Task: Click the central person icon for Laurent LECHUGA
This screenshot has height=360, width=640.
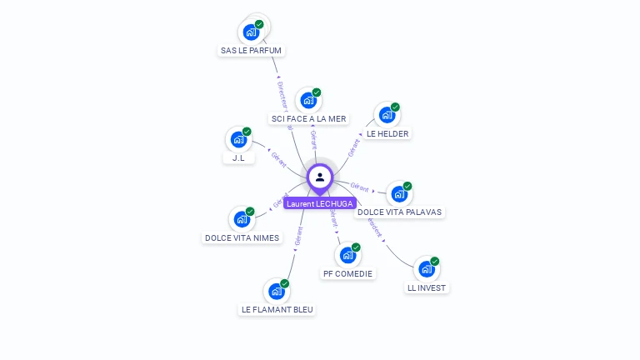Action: pyautogui.click(x=320, y=177)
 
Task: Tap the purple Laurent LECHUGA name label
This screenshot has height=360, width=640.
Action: pyautogui.click(x=320, y=203)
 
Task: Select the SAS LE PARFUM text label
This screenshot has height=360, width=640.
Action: pyautogui.click(x=252, y=51)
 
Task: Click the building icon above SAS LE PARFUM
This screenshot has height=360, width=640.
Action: pyautogui.click(x=250, y=33)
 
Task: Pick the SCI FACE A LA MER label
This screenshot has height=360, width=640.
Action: pyautogui.click(x=308, y=119)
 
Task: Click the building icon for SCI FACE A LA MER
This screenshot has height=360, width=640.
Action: pyautogui.click(x=308, y=101)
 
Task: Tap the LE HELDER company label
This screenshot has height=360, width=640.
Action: pyautogui.click(x=387, y=133)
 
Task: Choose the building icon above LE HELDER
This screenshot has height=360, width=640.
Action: pyautogui.click(x=387, y=115)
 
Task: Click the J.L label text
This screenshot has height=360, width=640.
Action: pyautogui.click(x=238, y=158)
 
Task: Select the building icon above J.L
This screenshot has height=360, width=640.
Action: pyautogui.click(x=238, y=139)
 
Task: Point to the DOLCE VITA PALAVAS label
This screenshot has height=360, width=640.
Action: pyautogui.click(x=399, y=212)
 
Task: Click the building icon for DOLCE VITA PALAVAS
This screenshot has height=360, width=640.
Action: pyautogui.click(x=399, y=194)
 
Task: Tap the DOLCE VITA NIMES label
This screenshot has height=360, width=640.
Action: pyautogui.click(x=242, y=237)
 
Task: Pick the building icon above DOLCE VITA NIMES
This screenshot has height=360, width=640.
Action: pyautogui.click(x=242, y=219)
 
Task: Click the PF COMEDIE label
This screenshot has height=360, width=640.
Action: pyautogui.click(x=348, y=273)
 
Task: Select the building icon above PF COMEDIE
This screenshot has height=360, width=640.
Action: pyautogui.click(x=347, y=255)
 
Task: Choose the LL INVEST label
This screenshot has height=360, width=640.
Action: pyautogui.click(x=427, y=287)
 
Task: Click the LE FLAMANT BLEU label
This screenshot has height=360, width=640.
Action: pyautogui.click(x=277, y=309)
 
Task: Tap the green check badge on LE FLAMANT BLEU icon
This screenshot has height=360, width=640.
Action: pyautogui.click(x=285, y=284)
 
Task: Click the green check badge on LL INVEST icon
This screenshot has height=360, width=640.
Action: pyautogui.click(x=434, y=262)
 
